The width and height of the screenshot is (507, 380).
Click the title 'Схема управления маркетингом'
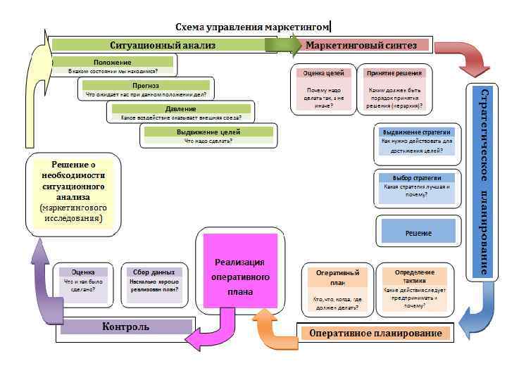click(x=252, y=27)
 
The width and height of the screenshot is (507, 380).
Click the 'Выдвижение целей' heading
click(x=208, y=132)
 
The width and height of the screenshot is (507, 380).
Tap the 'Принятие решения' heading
click(x=394, y=72)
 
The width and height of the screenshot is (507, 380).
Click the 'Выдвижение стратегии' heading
click(x=417, y=132)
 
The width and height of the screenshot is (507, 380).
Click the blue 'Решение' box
click(x=418, y=232)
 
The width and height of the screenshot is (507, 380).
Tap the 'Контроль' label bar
click(x=126, y=327)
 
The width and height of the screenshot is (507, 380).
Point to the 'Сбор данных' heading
click(x=153, y=272)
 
